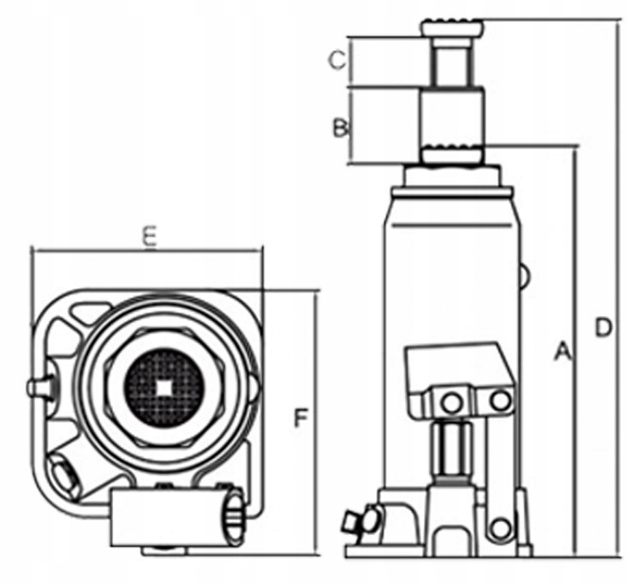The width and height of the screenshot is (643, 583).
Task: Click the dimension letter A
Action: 562,351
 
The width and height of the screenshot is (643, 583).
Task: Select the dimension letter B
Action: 340,128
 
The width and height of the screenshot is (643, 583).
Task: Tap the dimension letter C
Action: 338,61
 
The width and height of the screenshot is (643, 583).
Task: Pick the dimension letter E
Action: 149,237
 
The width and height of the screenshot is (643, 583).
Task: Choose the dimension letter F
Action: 300,418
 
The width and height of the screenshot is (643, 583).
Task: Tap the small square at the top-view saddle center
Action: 164,386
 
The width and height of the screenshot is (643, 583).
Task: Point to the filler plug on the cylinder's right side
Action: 524,275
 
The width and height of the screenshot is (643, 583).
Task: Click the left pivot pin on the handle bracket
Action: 450,401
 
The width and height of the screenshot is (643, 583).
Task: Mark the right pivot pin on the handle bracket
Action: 498,400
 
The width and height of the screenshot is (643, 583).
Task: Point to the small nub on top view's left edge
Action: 39,388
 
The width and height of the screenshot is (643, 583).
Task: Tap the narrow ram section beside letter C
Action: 451,62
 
